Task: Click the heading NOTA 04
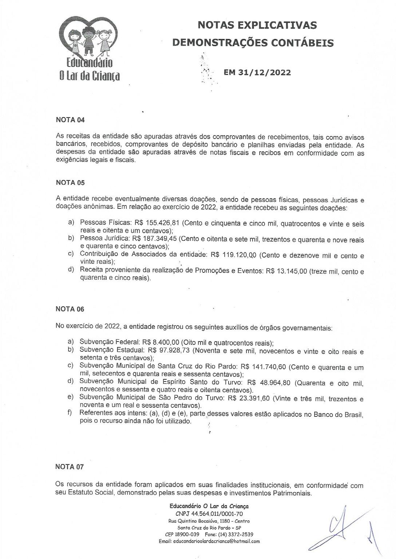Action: coord(70,120)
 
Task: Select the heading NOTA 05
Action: coord(70,182)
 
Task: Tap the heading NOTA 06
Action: coord(70,309)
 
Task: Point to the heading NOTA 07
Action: coord(70,467)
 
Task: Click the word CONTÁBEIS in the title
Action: coord(302,43)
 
